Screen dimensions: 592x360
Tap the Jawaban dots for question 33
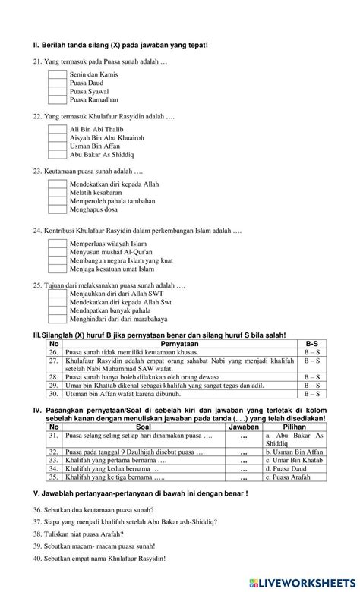(244, 461)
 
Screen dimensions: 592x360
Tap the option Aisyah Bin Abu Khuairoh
(106, 138)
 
